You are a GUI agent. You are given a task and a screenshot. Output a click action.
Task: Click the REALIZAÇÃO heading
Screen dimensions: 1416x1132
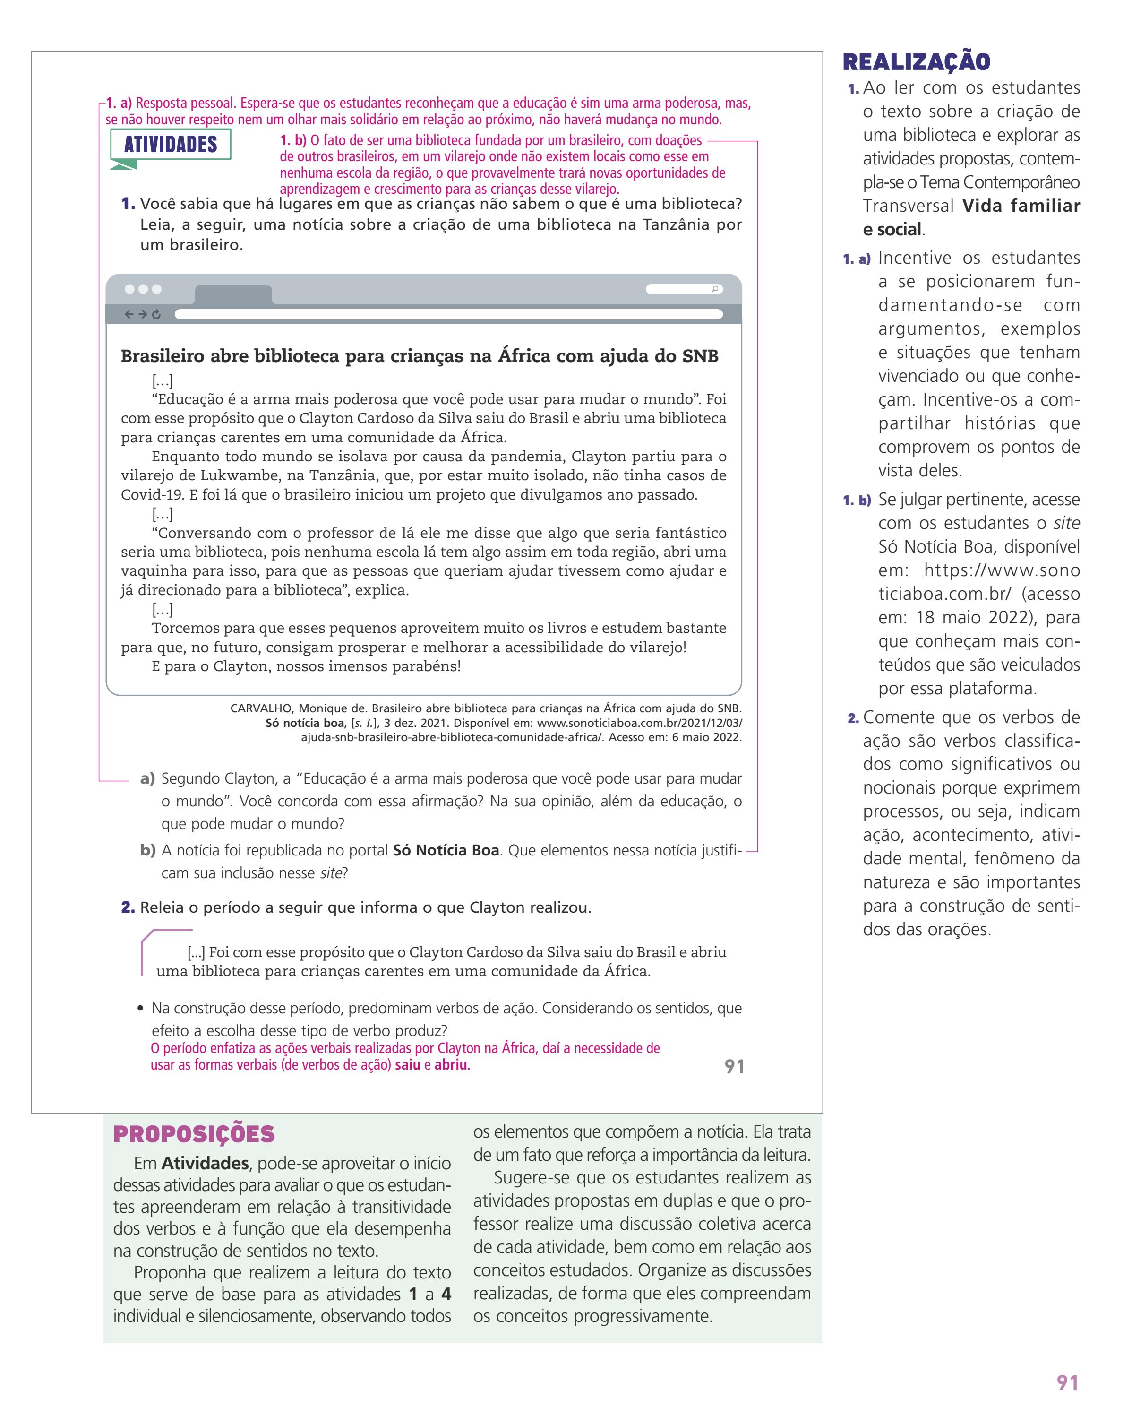point(916,62)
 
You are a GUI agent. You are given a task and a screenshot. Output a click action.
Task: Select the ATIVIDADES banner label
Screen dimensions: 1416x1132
point(171,145)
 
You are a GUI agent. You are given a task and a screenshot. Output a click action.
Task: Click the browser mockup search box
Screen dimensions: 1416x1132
point(684,289)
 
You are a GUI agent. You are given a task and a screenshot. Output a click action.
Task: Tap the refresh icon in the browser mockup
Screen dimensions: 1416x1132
point(156,315)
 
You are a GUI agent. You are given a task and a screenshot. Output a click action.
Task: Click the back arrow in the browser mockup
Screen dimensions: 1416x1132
point(129,315)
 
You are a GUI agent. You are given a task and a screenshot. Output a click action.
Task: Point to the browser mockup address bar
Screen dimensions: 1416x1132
point(448,315)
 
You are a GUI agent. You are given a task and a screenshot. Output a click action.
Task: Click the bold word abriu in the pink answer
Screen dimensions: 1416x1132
point(451,1065)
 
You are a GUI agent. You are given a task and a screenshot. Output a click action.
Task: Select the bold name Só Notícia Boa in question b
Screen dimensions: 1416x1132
point(446,851)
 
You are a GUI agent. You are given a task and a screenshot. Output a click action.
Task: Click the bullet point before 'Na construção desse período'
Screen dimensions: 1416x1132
point(140,1009)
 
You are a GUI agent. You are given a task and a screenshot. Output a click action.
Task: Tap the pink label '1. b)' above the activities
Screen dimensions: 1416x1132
point(293,140)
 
